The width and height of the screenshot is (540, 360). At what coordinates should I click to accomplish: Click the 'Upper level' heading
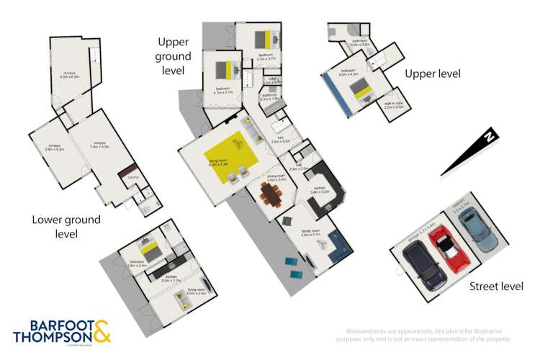tap(432, 73)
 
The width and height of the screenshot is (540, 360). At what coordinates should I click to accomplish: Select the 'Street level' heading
tap(496, 286)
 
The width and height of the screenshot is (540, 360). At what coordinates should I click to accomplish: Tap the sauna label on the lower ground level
tap(132, 176)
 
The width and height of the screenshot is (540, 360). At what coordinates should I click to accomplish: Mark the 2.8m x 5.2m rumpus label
tap(53, 148)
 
